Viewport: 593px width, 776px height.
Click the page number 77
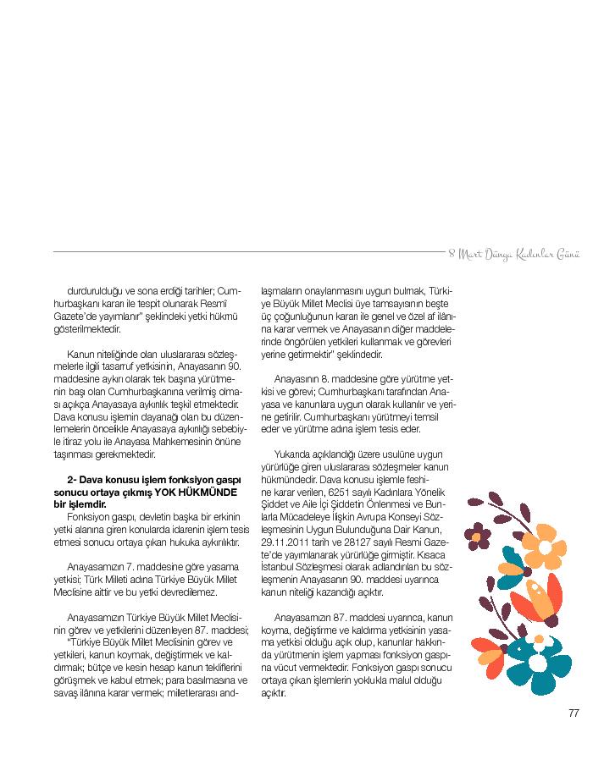point(573,713)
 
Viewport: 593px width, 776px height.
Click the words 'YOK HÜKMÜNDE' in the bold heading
point(191,492)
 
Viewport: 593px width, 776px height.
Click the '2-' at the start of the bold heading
point(72,480)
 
